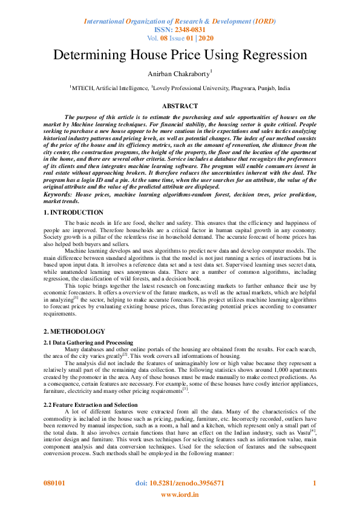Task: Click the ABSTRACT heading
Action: tap(180, 106)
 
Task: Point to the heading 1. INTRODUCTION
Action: tap(74, 213)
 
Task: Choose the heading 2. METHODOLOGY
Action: tap(74, 332)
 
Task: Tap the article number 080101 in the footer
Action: tap(56, 484)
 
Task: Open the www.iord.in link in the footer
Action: tap(179, 495)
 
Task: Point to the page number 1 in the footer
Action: tap(314, 484)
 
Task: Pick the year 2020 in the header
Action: tap(206, 37)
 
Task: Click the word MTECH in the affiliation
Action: tap(83, 88)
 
